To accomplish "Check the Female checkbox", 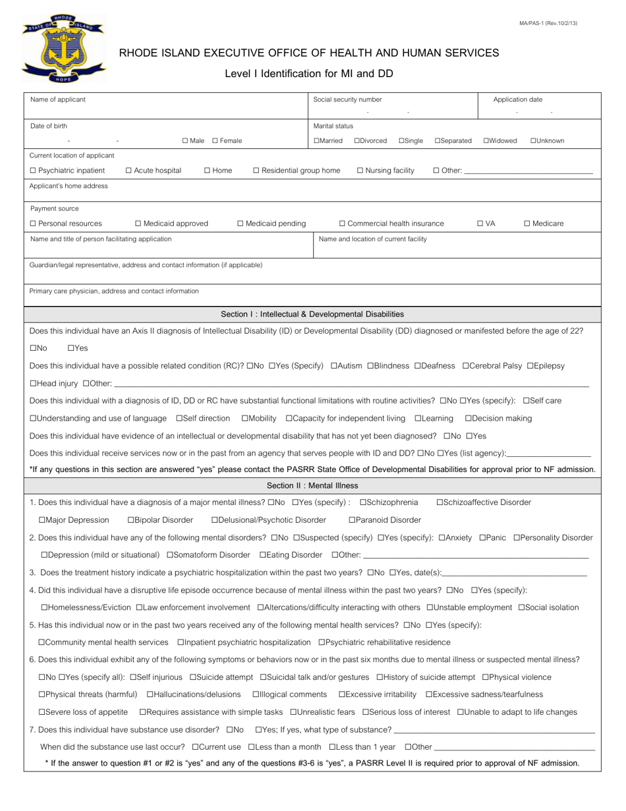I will (x=215, y=140).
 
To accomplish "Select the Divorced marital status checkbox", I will (x=357, y=140).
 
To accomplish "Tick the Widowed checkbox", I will (x=486, y=140).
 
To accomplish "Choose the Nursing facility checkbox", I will (x=360, y=171).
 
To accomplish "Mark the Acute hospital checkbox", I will (x=128, y=171).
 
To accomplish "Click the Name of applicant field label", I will (x=58, y=100).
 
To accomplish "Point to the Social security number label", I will (x=347, y=100).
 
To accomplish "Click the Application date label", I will (x=518, y=100).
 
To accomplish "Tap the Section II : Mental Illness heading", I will (x=312, y=485).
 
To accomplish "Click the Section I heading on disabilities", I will (x=312, y=314).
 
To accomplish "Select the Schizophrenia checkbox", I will (x=363, y=502).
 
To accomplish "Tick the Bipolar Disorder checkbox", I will (x=130, y=520).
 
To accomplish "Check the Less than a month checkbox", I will (x=252, y=746).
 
